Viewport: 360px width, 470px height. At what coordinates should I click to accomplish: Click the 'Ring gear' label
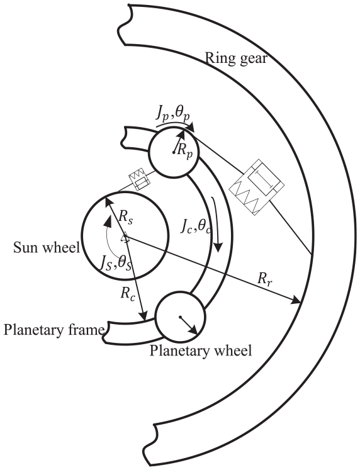click(x=236, y=58)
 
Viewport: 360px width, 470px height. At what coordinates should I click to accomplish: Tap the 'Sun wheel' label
click(x=47, y=248)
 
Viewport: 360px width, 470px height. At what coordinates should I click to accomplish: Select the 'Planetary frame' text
click(x=54, y=330)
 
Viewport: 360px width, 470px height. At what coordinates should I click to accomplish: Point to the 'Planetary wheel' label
click(x=201, y=350)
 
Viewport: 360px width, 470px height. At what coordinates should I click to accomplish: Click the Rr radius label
click(x=265, y=280)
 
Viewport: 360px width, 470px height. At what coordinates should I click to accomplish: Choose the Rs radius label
click(x=125, y=217)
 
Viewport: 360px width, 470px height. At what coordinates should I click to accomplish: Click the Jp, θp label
click(x=173, y=114)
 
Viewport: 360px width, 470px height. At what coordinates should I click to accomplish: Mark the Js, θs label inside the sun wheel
click(x=116, y=264)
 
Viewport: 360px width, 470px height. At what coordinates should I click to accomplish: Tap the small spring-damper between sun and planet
click(x=139, y=179)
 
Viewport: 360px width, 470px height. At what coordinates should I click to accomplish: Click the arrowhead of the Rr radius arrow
click(x=296, y=300)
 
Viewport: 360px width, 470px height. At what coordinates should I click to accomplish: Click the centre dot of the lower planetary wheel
click(x=180, y=317)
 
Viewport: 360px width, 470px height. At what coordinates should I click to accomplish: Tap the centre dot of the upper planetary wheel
click(x=174, y=153)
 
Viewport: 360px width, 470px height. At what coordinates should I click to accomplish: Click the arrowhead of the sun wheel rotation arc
click(x=108, y=221)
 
